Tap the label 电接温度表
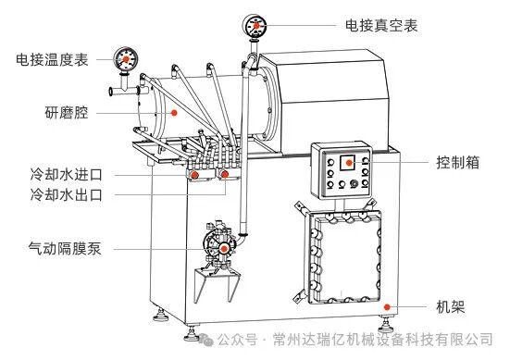click(52, 60)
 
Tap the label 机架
click(451, 306)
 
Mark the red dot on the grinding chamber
click(172, 112)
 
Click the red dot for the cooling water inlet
click(197, 173)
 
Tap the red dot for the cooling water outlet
click(225, 173)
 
